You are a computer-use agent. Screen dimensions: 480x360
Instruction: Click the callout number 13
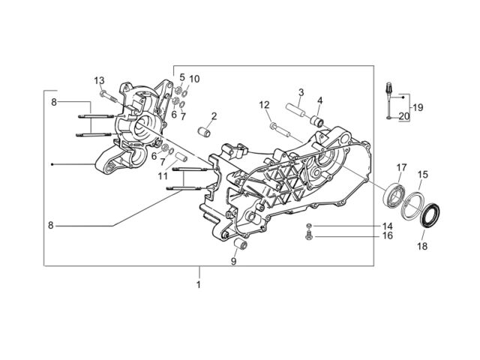point(99,81)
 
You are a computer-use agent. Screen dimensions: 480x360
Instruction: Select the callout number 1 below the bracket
point(198,285)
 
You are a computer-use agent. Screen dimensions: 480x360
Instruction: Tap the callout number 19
point(418,107)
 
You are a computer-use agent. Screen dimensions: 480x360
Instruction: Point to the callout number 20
point(403,116)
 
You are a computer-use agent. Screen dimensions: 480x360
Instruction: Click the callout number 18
point(422,246)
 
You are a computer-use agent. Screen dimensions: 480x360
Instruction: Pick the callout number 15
point(422,175)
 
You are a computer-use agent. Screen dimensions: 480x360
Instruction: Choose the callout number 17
point(402,167)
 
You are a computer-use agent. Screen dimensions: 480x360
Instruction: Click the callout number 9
point(233,262)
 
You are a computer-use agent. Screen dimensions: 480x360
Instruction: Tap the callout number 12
point(264,105)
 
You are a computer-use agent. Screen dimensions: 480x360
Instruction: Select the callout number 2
point(214,116)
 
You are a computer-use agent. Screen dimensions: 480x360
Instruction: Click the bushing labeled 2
point(203,132)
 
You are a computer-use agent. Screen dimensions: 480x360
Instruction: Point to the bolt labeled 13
point(108,95)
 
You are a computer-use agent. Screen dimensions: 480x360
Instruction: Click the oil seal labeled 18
point(431,214)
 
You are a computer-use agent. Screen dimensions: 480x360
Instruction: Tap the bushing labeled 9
point(241,244)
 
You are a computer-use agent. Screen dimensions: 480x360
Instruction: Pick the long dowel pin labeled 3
point(295,110)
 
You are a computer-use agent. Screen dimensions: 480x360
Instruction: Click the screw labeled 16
point(309,236)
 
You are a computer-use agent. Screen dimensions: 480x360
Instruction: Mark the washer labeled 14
point(309,226)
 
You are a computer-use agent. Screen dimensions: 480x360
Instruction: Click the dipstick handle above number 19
point(390,88)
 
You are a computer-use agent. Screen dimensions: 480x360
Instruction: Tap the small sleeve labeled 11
point(181,157)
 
